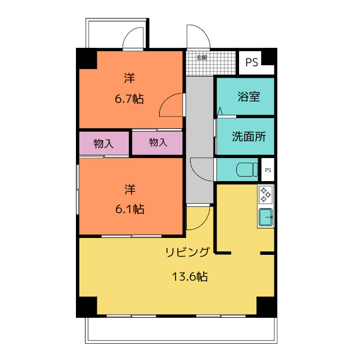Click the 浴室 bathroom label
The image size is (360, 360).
[249, 96]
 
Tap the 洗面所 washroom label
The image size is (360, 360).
[249, 137]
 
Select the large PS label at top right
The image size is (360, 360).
[251, 62]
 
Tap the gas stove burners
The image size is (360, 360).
[265, 195]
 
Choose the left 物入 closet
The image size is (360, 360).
[103, 143]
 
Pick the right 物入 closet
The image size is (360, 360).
[158, 143]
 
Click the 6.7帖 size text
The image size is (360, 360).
[129, 100]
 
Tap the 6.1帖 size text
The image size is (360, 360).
[130, 209]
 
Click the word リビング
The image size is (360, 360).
[188, 252]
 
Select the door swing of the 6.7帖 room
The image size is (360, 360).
[170, 105]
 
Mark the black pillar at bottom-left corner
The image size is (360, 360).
[87, 305]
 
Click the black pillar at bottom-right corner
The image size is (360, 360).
[265, 305]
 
